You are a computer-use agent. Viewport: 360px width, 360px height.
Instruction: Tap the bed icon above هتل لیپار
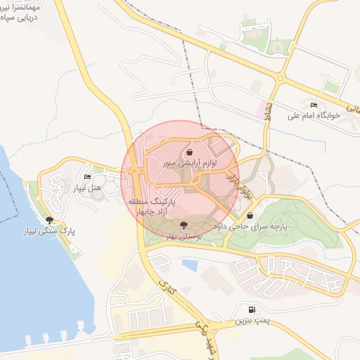pos(87,176)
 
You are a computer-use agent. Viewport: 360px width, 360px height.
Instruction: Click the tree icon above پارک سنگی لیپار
pos(49,219)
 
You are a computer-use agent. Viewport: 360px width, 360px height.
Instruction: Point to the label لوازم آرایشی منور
pos(191,162)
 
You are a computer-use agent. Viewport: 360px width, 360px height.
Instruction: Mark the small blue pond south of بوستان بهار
pos(190,266)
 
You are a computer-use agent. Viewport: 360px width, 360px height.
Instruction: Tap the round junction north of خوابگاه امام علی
pos(280,78)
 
